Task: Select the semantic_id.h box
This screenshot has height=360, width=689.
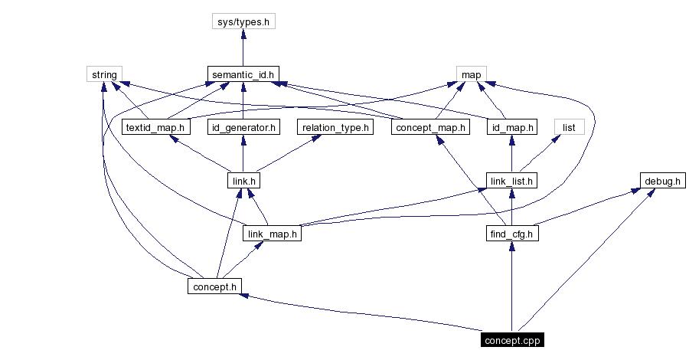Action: pyautogui.click(x=243, y=74)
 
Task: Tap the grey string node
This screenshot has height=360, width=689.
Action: pyautogui.click(x=104, y=74)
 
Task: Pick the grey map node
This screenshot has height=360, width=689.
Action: pyautogui.click(x=470, y=74)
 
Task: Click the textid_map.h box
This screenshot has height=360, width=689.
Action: pyautogui.click(x=156, y=127)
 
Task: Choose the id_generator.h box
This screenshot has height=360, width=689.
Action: pyautogui.click(x=243, y=127)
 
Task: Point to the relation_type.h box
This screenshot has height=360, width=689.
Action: pyautogui.click(x=335, y=127)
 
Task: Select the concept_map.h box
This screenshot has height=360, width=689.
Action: pyautogui.click(x=430, y=127)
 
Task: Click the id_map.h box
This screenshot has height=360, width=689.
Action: pyautogui.click(x=511, y=127)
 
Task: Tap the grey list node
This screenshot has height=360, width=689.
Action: pyautogui.click(x=569, y=127)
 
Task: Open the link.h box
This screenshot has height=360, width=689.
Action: pyautogui.click(x=243, y=181)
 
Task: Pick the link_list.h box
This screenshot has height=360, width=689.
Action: pyautogui.click(x=511, y=181)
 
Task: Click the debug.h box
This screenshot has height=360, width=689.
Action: pyautogui.click(x=662, y=181)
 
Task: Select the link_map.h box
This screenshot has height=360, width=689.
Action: pyautogui.click(x=272, y=234)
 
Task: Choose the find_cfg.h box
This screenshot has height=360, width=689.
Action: pyautogui.click(x=511, y=234)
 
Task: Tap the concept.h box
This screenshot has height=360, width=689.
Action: pyautogui.click(x=215, y=286)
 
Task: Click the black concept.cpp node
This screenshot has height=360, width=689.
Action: pyautogui.click(x=512, y=339)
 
